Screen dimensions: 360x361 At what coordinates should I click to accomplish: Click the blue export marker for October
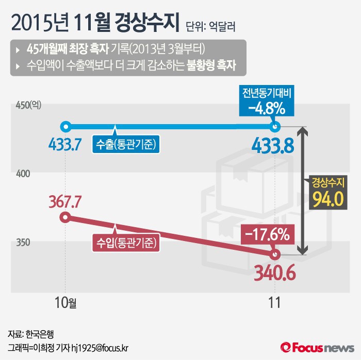coord(65,126)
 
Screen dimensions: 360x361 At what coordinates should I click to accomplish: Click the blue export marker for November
coord(275,126)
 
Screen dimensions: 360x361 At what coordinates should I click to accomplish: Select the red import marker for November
coord(275,254)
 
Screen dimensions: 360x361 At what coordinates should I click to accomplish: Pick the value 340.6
coord(274,273)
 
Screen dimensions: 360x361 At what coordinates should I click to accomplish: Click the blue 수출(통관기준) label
coord(126,145)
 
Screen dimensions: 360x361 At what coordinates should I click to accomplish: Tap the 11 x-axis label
coord(275,302)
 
